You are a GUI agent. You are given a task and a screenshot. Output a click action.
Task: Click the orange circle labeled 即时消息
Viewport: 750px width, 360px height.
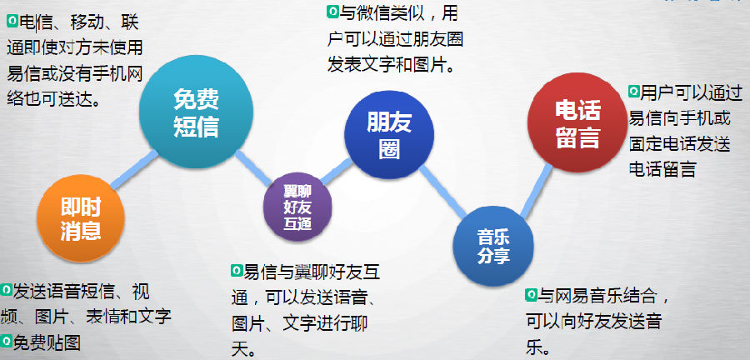(80, 218)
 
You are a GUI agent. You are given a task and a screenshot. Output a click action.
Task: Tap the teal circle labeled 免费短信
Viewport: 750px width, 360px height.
(196, 112)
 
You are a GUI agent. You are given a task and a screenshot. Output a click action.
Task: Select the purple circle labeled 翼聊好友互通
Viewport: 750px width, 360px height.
(297, 207)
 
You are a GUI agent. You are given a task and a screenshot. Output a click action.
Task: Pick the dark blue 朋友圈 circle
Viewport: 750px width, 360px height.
(389, 135)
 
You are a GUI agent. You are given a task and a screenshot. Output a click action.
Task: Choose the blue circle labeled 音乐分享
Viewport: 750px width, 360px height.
(493, 246)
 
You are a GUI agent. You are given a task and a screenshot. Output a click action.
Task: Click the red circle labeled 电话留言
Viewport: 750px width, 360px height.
(577, 122)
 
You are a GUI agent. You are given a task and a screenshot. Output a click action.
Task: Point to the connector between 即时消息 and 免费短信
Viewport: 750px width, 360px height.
(134, 169)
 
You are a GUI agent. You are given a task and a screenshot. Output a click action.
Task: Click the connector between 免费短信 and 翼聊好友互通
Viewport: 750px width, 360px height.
(253, 167)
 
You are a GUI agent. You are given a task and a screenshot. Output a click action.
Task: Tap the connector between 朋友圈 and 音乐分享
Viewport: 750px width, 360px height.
(443, 191)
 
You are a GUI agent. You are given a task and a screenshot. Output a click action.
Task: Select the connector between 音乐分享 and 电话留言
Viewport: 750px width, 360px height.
(536, 191)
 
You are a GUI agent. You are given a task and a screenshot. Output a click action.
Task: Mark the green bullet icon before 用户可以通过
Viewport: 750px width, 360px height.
(634, 91)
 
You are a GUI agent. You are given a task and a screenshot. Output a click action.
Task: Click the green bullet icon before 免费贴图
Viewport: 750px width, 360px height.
(6, 340)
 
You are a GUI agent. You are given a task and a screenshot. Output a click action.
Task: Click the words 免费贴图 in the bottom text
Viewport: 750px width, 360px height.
(47, 342)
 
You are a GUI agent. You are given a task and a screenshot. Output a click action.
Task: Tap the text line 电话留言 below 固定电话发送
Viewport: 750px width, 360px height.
(662, 169)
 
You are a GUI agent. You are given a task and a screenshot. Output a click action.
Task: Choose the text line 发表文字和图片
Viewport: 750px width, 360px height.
(391, 63)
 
